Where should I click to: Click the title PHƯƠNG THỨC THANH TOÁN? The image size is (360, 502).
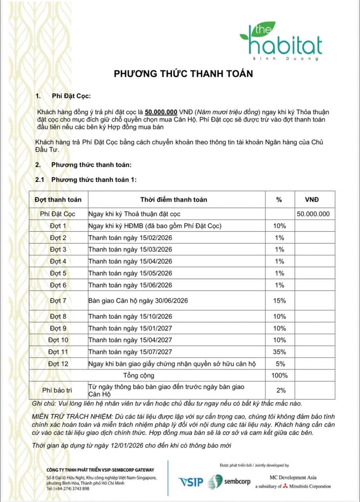tap(184, 74)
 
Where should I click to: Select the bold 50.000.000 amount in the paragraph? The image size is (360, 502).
tap(161, 112)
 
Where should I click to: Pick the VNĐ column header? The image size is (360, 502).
tap(314, 200)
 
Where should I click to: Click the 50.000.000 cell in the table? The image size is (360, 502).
tap(313, 214)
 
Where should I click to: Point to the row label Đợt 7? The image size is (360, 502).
tap(58, 300)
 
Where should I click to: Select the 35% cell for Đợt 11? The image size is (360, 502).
tap(279, 352)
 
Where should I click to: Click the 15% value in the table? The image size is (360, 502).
tap(279, 300)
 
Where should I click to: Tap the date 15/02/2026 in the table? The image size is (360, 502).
tap(154, 238)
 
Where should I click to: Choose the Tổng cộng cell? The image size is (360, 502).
tap(139, 375)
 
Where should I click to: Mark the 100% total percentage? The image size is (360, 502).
tap(279, 375)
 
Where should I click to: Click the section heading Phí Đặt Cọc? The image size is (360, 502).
tap(71, 96)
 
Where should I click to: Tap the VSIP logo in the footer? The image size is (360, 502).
tap(190, 482)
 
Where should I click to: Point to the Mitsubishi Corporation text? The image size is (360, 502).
tap(309, 486)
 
